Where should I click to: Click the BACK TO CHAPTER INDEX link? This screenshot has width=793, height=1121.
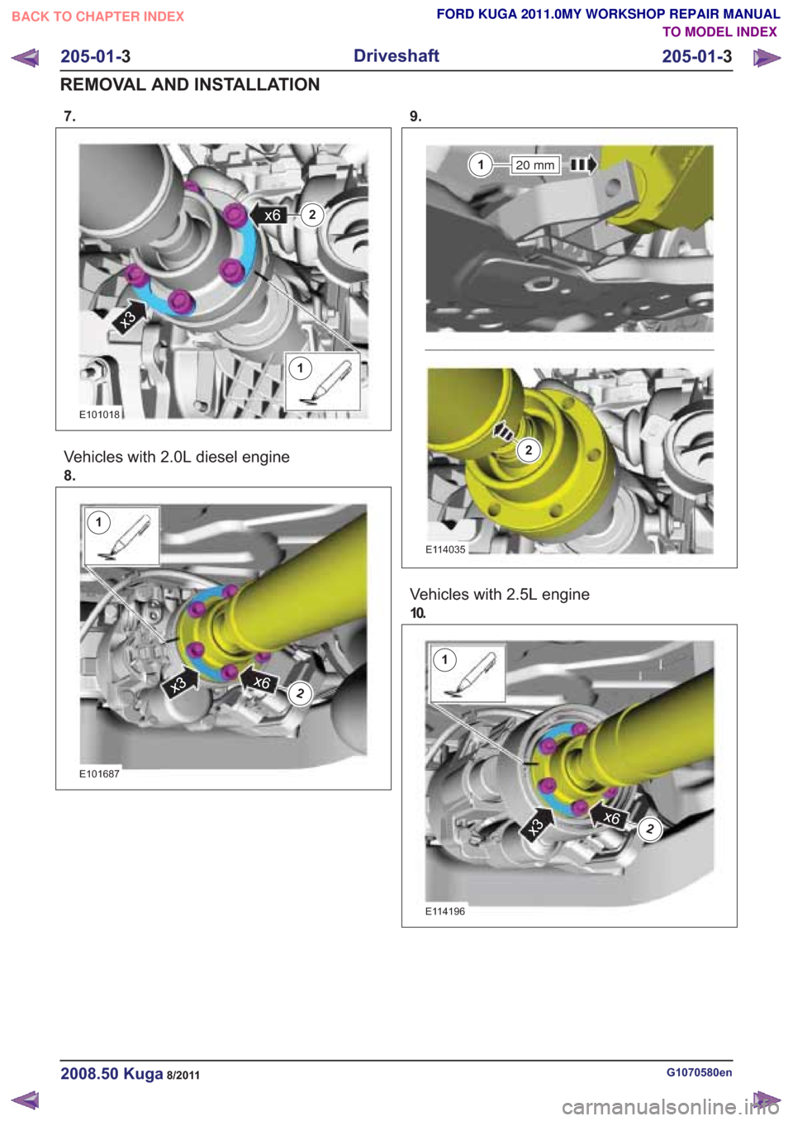click(x=98, y=17)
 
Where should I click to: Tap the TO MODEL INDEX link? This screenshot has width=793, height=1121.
click(x=719, y=32)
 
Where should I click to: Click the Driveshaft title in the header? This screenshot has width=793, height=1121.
click(x=396, y=55)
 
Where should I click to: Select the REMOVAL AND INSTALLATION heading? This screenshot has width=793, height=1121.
click(x=190, y=84)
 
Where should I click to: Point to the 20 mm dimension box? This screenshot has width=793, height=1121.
click(x=534, y=164)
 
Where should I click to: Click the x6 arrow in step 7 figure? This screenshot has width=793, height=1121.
click(x=268, y=215)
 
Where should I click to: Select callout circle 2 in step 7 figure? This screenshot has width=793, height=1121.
click(x=312, y=215)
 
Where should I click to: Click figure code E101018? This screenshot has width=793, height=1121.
click(x=100, y=415)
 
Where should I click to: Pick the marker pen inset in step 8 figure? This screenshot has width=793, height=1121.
click(x=122, y=536)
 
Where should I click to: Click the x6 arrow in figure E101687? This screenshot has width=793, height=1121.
click(x=259, y=682)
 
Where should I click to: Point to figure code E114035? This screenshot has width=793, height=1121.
click(x=445, y=549)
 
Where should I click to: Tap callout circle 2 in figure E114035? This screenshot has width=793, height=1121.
click(x=529, y=450)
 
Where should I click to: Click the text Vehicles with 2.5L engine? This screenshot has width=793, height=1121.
click(x=499, y=595)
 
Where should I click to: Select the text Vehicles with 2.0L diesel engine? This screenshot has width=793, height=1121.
click(x=177, y=457)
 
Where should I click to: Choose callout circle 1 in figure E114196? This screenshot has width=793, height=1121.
click(x=444, y=659)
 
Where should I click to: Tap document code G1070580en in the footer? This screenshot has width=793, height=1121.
click(x=700, y=1072)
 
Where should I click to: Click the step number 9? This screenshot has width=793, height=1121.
click(x=415, y=116)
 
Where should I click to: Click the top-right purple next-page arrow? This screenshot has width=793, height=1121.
click(x=767, y=58)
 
